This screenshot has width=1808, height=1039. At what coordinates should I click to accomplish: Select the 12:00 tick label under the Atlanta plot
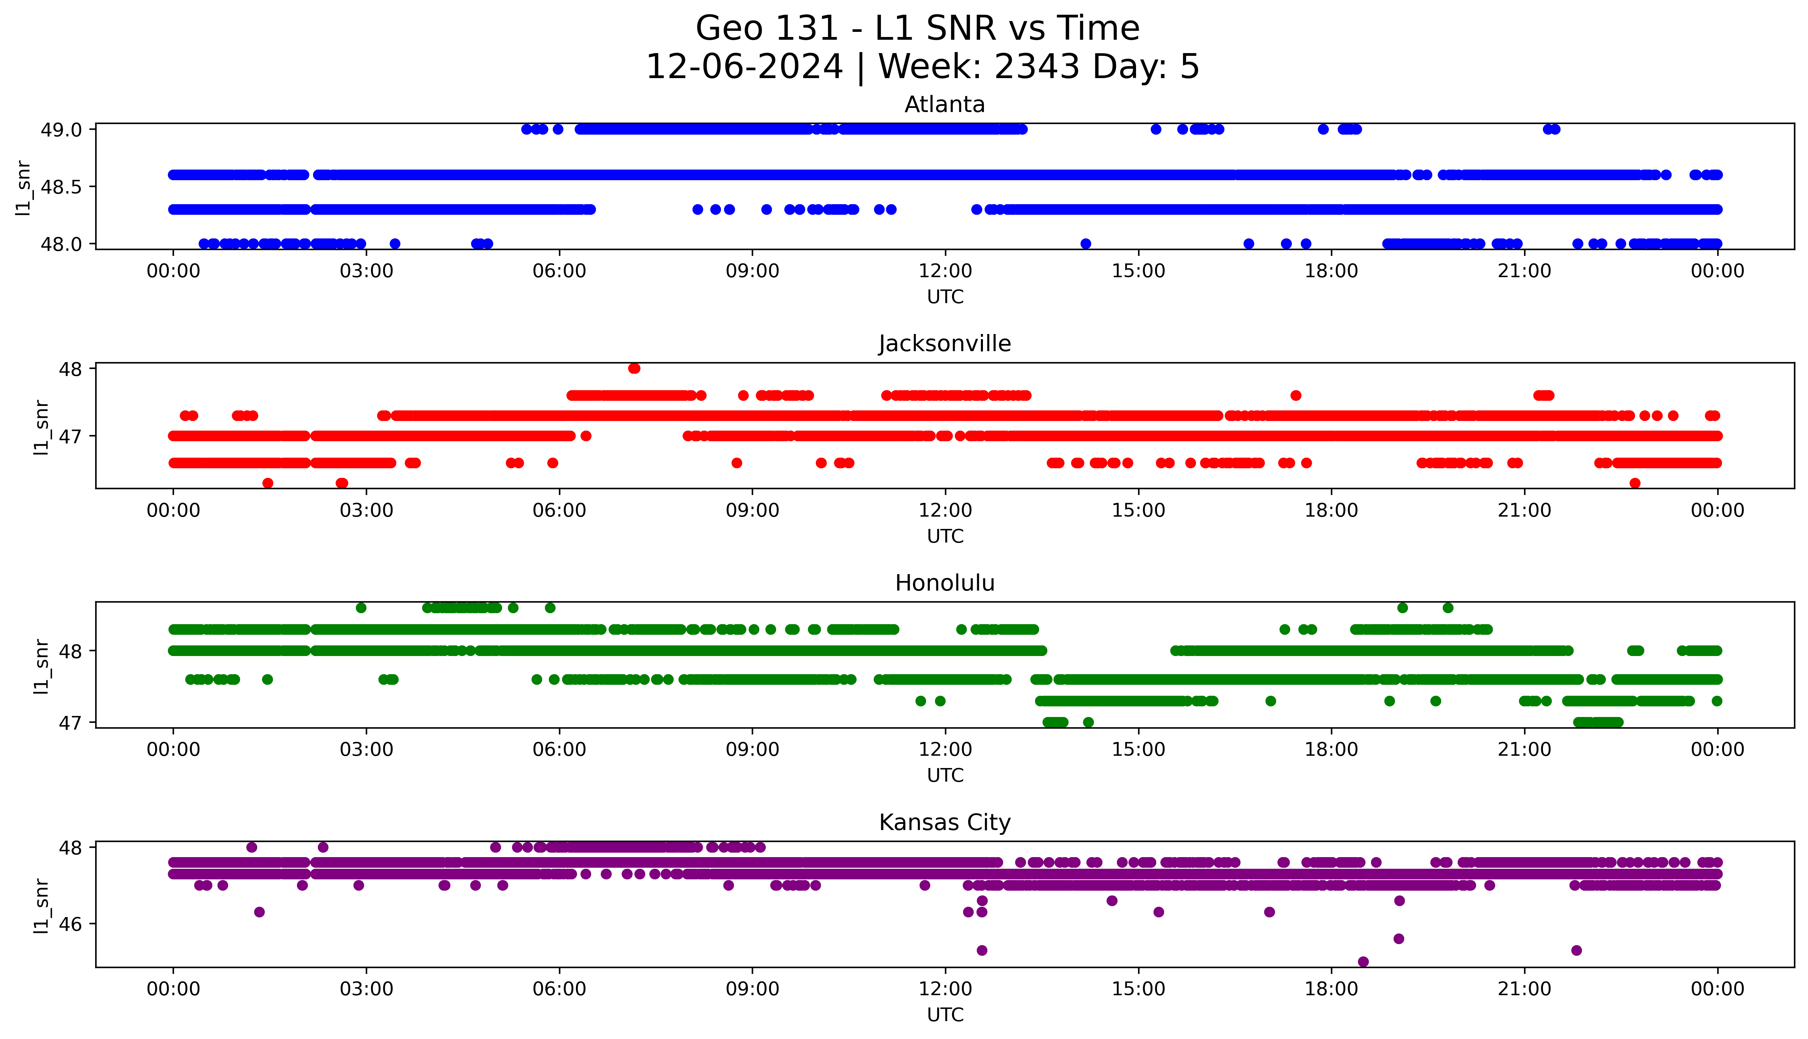pyautogui.click(x=945, y=271)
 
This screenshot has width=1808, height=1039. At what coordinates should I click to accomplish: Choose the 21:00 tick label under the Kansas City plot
pyautogui.click(x=1524, y=989)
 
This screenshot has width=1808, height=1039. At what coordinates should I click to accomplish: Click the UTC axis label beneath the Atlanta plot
pyautogui.click(x=945, y=297)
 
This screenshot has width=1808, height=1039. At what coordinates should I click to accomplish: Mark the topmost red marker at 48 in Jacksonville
pyautogui.click(x=634, y=368)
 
